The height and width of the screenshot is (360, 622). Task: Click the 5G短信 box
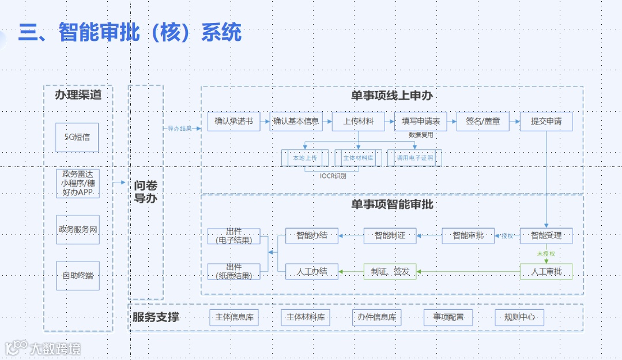[77, 137]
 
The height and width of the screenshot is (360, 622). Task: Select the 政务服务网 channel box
[77, 229]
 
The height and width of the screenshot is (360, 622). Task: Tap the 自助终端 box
[77, 275]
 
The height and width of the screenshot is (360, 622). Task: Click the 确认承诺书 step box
[233, 122]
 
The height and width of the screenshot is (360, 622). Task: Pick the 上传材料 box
[358, 122]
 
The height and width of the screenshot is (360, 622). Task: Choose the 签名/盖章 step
[482, 122]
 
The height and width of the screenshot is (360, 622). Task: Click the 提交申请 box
[546, 122]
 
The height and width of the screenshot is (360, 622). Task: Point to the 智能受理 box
[546, 236]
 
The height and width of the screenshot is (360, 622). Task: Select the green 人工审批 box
[546, 271]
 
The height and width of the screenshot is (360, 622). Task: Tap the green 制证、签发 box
[390, 271]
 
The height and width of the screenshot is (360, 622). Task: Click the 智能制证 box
[390, 236]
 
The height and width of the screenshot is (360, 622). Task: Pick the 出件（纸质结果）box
[233, 271]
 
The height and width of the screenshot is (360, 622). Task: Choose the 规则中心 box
[519, 317]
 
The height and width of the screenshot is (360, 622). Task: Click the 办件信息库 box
[376, 317]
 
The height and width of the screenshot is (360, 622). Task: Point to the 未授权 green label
[545, 253]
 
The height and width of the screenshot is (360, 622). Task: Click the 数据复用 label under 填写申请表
[421, 135]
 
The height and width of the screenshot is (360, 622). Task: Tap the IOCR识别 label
[333, 176]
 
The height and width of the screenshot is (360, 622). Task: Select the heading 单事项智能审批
[392, 204]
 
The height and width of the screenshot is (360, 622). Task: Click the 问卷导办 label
[145, 192]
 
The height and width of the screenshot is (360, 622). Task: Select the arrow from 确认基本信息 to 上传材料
[326, 122]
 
